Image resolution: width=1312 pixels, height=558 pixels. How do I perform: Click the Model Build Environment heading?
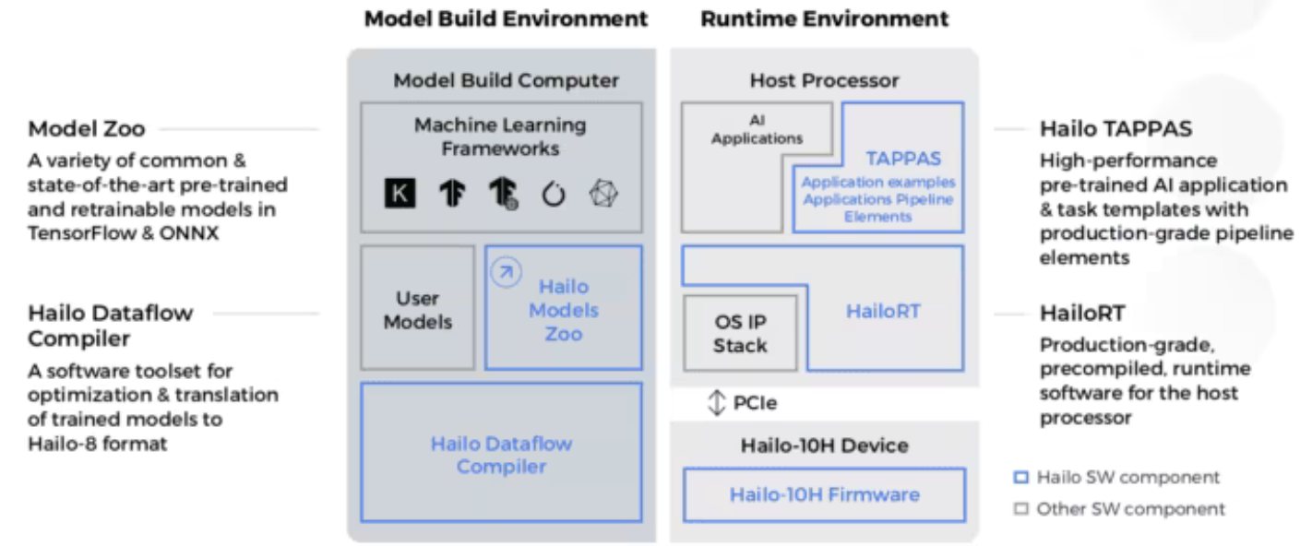coord(506,18)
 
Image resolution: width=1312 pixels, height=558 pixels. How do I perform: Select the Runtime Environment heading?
coord(824,18)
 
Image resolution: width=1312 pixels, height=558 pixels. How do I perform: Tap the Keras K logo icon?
coord(400,194)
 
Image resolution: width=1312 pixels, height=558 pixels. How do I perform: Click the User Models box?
coord(418,310)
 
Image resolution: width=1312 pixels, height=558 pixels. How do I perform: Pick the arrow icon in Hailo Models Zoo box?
coord(505,272)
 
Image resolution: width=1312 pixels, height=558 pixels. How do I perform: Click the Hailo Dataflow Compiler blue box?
coord(501,454)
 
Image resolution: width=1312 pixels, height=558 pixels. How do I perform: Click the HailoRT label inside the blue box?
coord(883,311)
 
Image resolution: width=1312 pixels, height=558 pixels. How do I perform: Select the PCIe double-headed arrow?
coord(716,403)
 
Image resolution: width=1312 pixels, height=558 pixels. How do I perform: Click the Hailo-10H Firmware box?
coord(824,494)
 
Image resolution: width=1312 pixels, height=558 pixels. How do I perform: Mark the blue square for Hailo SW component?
coord(1021,478)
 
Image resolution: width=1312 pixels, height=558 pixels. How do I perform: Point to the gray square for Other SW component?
coord(1021,508)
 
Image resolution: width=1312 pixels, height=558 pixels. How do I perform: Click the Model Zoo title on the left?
coord(86,129)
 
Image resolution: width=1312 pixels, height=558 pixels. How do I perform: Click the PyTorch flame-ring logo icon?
coord(553,195)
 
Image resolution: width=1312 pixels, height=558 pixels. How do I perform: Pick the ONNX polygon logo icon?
coord(604,194)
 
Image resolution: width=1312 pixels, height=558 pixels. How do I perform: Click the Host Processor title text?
coord(824,80)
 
